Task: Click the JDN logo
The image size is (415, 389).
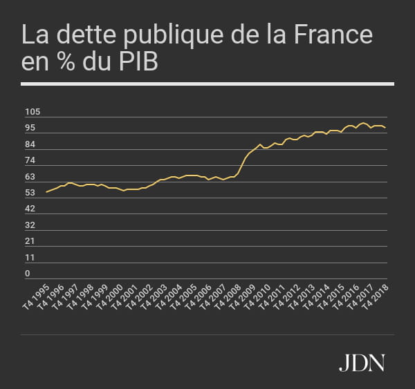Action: pyautogui.click(x=362, y=362)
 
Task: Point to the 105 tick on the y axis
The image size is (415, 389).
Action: pyautogui.click(x=33, y=112)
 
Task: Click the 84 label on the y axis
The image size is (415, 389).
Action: pyautogui.click(x=30, y=144)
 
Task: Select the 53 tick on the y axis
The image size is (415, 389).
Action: pyautogui.click(x=30, y=193)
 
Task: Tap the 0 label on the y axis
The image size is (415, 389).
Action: pyautogui.click(x=28, y=274)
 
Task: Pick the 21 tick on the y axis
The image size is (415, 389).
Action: pyautogui.click(x=30, y=241)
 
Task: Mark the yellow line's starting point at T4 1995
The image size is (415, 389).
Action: pyautogui.click(x=46, y=192)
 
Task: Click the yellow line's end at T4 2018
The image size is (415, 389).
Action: pyautogui.click(x=385, y=128)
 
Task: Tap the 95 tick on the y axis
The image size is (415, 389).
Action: pyautogui.click(x=30, y=129)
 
